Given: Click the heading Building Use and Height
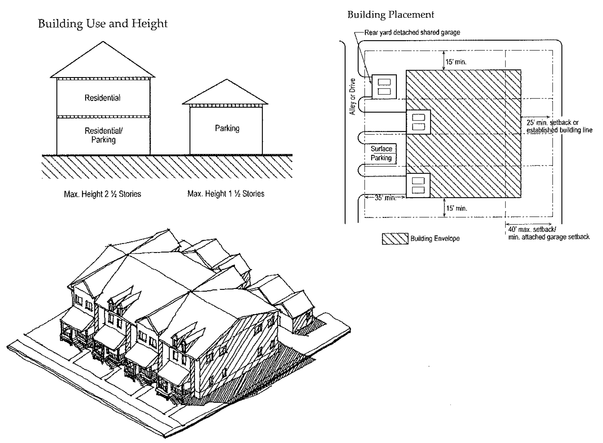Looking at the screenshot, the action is (x=102, y=24).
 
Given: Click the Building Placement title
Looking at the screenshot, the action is (x=391, y=15).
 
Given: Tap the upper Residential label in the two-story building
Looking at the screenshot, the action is (x=102, y=98).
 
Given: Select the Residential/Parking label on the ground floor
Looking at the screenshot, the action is (x=103, y=135).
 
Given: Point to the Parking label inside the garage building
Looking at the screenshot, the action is (x=227, y=128).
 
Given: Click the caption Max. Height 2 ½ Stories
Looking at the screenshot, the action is (x=102, y=194).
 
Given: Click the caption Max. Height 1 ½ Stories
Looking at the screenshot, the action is (x=226, y=194).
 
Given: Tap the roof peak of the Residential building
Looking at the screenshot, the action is (x=103, y=42).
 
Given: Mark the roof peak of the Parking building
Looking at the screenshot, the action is (x=227, y=80).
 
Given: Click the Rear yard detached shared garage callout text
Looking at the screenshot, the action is (x=412, y=32).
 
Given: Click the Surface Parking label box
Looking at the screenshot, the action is (x=381, y=153).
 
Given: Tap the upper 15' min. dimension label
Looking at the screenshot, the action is (x=456, y=62).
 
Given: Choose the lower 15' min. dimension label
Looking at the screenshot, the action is (x=456, y=208).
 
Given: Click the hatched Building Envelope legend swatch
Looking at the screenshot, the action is (x=395, y=239).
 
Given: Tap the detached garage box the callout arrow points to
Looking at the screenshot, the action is (x=384, y=87).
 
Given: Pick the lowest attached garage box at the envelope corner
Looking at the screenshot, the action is (x=418, y=185).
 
